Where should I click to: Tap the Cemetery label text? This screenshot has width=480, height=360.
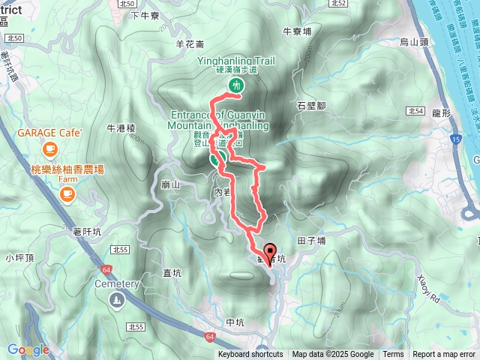click(117, 284)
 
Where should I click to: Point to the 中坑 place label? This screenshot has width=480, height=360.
click(235, 322)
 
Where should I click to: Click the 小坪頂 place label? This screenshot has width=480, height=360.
click(19, 258)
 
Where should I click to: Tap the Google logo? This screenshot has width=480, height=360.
click(28, 349)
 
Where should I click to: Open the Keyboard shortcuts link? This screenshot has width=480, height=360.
click(250, 355)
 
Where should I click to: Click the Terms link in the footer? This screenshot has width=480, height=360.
click(393, 355)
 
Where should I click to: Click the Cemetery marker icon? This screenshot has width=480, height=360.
click(117, 300)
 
